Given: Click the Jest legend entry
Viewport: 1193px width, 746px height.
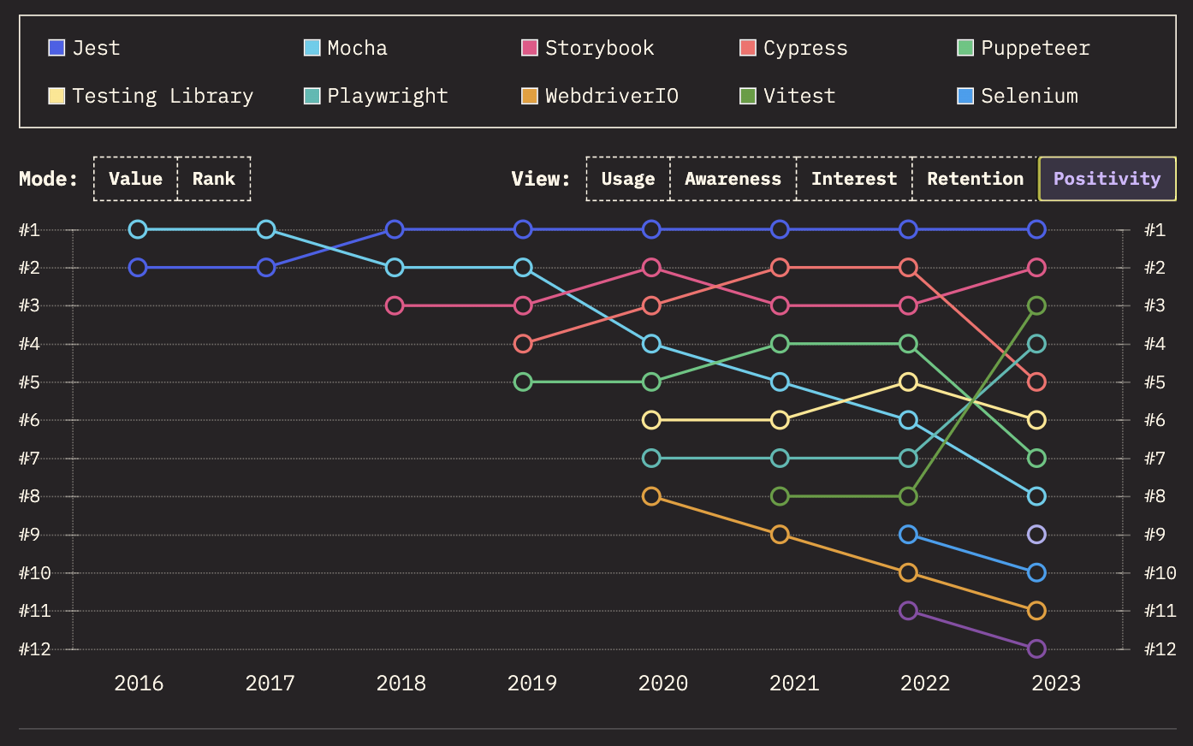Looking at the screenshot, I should [84, 48].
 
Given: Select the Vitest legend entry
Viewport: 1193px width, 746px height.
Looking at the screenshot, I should [787, 96].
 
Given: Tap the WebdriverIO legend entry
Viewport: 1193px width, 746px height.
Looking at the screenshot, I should [600, 96].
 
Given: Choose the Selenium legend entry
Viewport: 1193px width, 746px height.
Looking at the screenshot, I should [1018, 96].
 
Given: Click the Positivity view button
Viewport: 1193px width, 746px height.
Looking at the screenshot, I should [1107, 179].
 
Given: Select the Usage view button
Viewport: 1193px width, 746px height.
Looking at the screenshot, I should [628, 179].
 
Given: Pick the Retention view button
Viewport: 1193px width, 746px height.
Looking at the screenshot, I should [975, 179].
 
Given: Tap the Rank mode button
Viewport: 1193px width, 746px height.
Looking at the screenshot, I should [213, 179].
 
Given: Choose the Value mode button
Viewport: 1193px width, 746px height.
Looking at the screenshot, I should [135, 179].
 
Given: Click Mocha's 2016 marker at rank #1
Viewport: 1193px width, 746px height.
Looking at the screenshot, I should [138, 229].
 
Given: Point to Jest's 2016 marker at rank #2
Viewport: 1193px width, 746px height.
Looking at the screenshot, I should [138, 268].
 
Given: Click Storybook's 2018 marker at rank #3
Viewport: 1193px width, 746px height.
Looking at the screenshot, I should [395, 305].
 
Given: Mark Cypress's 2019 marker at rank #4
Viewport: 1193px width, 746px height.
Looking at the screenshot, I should [523, 344].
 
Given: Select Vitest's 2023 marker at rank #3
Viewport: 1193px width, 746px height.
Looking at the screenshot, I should [1036, 305].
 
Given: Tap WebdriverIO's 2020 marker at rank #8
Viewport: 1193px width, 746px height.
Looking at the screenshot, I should [651, 496].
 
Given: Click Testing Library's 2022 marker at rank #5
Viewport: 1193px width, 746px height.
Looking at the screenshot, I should [909, 382].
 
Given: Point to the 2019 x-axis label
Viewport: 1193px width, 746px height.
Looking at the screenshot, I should [532, 683].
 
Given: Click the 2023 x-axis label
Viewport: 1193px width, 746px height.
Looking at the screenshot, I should [1056, 683].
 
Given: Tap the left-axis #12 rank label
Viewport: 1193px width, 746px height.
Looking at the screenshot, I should [35, 648].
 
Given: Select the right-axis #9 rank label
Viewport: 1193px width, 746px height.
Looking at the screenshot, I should [1154, 535].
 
